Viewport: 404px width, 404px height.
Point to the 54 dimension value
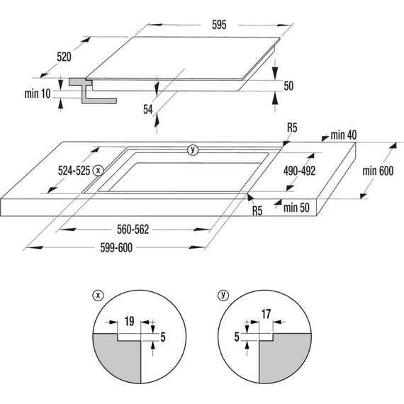click(x=147, y=109)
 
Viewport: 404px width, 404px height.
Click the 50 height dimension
click(x=288, y=86)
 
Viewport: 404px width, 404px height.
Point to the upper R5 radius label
click(x=293, y=128)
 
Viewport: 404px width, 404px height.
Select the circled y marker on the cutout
click(x=191, y=150)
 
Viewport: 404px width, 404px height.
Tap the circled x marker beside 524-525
click(x=98, y=170)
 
